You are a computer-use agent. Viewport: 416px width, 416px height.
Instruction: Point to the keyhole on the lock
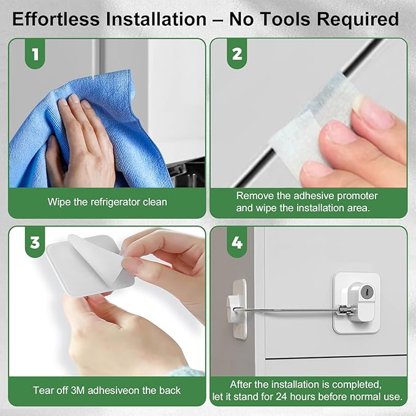[x=366, y=294]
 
